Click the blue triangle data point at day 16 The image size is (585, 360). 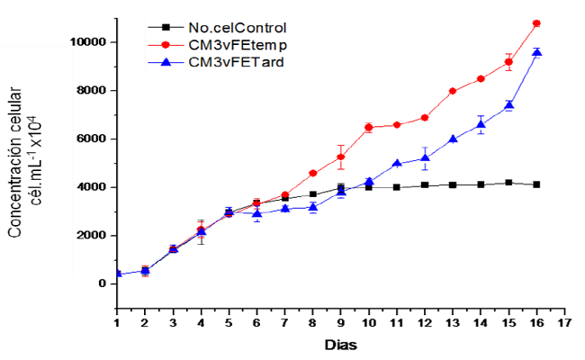tap(536, 53)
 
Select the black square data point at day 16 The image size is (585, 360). tap(536, 184)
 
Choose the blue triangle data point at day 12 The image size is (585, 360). tap(425, 158)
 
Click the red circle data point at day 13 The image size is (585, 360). tap(453, 91)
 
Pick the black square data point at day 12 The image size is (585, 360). tap(425, 185)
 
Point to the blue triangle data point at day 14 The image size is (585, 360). tap(481, 125)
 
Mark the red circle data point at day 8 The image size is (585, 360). tap(313, 173)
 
